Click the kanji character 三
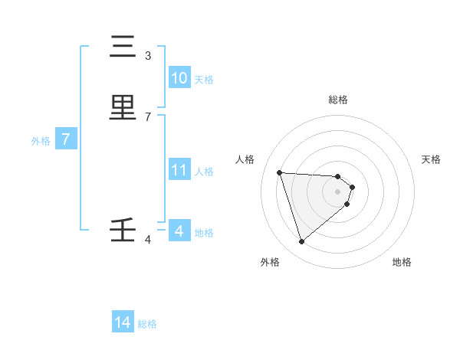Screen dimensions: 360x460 pyautogui.click(x=123, y=47)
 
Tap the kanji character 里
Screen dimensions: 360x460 pyautogui.click(x=123, y=108)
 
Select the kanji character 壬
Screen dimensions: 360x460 pyautogui.click(x=123, y=231)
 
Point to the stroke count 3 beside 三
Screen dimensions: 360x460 pyautogui.click(x=148, y=56)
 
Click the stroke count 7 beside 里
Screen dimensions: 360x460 pyautogui.click(x=148, y=116)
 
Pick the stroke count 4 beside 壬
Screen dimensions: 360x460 pyautogui.click(x=148, y=240)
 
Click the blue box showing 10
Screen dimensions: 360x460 pyautogui.click(x=179, y=78)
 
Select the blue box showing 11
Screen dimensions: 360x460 pyautogui.click(x=179, y=170)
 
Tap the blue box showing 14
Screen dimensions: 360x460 pyautogui.click(x=123, y=323)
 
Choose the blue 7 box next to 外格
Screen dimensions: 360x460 pyautogui.click(x=67, y=140)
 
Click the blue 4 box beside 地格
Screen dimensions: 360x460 pyautogui.click(x=179, y=231)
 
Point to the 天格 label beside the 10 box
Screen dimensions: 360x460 pyautogui.click(x=204, y=80)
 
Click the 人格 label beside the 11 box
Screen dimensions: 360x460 pyautogui.click(x=204, y=172)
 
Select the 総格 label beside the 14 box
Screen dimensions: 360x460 pyautogui.click(x=147, y=324)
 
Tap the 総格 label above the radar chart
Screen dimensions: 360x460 pyautogui.click(x=337, y=100)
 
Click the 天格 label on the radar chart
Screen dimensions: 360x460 pyautogui.click(x=431, y=159)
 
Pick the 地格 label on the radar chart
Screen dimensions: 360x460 pyautogui.click(x=402, y=262)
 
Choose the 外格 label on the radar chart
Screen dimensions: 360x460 pyautogui.click(x=270, y=262)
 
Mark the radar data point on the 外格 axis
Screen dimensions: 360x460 pyautogui.click(x=301, y=242)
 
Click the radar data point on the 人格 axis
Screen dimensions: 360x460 pyautogui.click(x=280, y=172)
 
